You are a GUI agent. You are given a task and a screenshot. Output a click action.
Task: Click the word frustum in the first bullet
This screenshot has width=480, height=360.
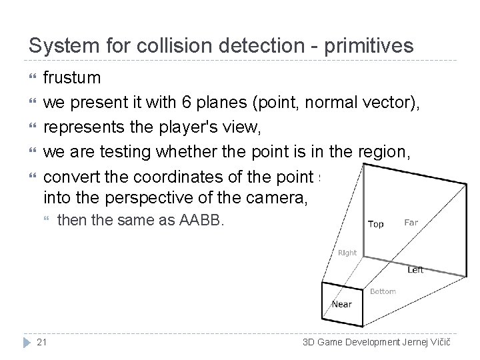tap(72, 78)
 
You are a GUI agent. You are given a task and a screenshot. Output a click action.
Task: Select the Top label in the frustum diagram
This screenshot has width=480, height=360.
tap(376, 224)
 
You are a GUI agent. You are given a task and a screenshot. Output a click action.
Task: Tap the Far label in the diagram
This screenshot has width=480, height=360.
tap(411, 222)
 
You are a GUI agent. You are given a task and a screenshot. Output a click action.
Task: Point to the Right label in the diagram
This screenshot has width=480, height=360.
tap(347, 253)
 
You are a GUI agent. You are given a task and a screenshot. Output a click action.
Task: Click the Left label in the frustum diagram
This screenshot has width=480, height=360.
tap(415, 270)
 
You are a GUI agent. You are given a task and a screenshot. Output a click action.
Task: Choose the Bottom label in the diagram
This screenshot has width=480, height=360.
tap(383, 291)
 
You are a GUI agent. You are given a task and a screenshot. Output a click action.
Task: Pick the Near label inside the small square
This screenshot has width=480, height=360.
tap(342, 305)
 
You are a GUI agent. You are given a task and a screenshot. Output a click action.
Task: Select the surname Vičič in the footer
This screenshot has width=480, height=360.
tap(438, 343)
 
